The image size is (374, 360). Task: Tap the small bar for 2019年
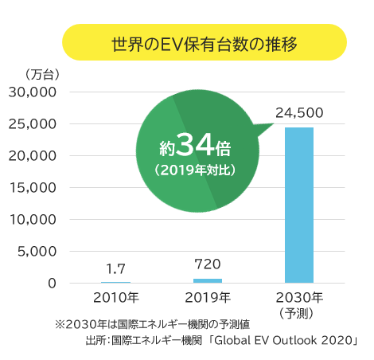tap(208, 280)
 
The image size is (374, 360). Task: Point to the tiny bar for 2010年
tap(115, 282)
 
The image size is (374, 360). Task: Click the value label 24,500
tap(299, 113)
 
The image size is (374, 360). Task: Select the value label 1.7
tap(115, 268)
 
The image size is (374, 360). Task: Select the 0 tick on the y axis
tap(52, 284)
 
